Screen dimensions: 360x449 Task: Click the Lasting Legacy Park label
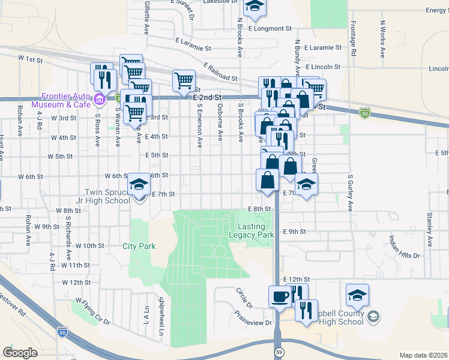coord(251,231)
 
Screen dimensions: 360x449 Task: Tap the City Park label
coord(139,246)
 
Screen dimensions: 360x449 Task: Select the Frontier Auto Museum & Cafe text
coord(65,100)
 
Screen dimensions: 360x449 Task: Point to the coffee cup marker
coord(280,297)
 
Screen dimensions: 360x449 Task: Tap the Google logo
coord(20,353)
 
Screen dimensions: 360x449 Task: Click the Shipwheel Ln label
coord(160,316)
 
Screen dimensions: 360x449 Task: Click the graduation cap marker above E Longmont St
coord(255,7)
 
